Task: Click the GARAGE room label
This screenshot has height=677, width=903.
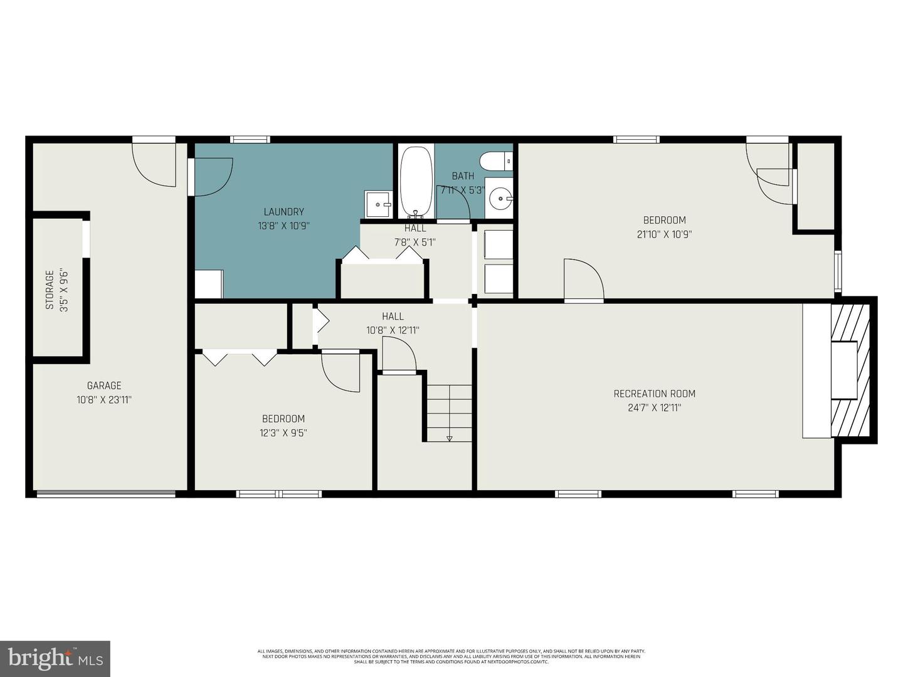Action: pyautogui.click(x=104, y=386)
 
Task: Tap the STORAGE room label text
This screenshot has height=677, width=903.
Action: pyautogui.click(x=50, y=289)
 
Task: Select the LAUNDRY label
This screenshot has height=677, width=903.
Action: pyautogui.click(x=283, y=212)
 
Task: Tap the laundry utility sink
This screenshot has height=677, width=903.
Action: pyautogui.click(x=378, y=204)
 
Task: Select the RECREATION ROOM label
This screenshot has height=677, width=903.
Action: pyautogui.click(x=654, y=394)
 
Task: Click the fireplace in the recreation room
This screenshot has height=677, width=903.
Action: pyautogui.click(x=850, y=370)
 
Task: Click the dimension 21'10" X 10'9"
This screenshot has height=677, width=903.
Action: pyautogui.click(x=664, y=234)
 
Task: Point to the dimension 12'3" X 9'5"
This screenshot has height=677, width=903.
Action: pyautogui.click(x=283, y=433)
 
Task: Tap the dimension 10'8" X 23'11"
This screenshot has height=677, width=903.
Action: pyautogui.click(x=104, y=400)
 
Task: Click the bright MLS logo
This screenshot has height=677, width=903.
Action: pyautogui.click(x=55, y=658)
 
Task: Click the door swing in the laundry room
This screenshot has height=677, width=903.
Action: pyautogui.click(x=213, y=176)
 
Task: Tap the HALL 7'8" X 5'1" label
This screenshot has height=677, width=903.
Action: pyautogui.click(x=415, y=235)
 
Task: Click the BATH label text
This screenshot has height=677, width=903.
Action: pyautogui.click(x=463, y=176)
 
